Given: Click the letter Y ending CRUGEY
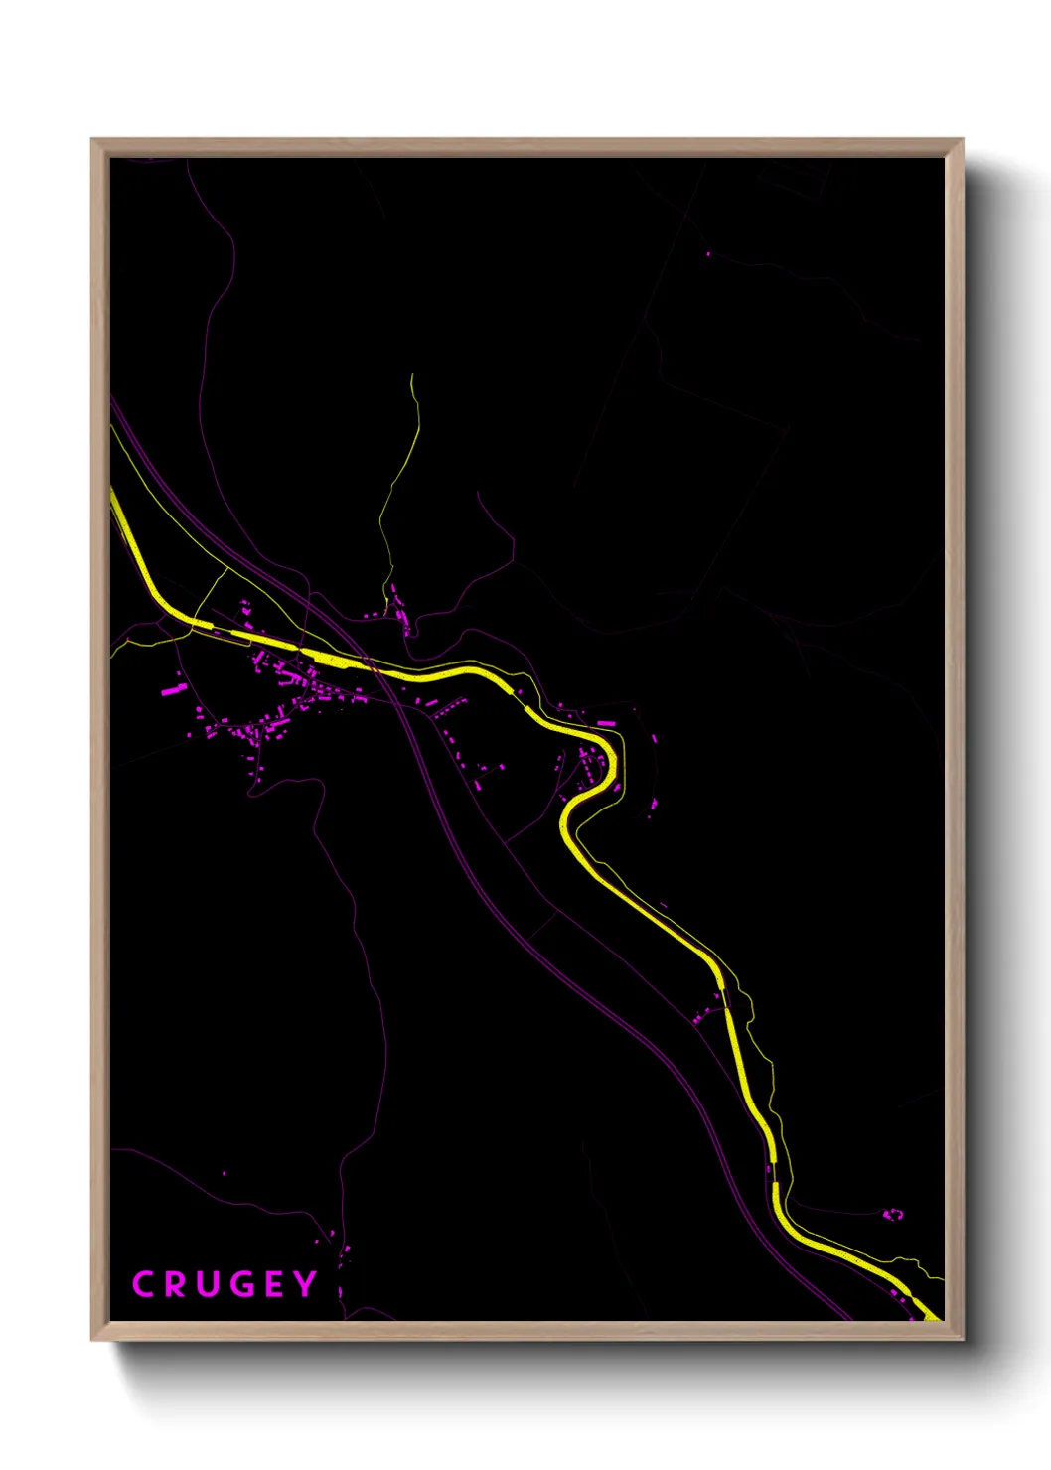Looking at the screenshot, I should pos(305,1284).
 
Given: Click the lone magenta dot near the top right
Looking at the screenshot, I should pos(708,254).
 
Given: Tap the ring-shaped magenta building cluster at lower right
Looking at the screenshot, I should pos(893,1214).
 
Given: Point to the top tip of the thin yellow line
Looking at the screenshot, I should pos(411,375).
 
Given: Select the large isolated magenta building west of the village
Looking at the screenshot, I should pos(174,687).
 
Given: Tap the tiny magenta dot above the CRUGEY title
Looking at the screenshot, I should pos(224,1173).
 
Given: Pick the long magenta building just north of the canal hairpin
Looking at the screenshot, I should pos(604,723).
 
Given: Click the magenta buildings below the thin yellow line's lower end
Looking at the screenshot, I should pos(400,611).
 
